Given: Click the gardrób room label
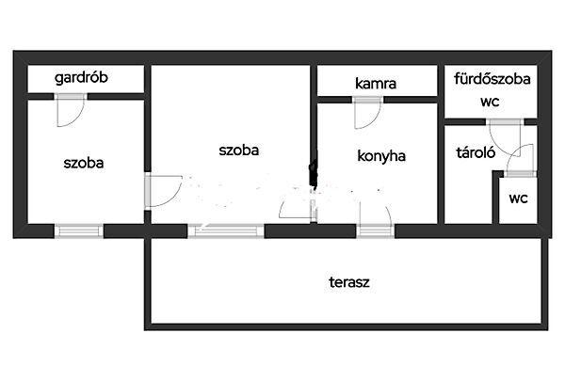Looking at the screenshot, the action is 81,78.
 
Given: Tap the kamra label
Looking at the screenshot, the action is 376,84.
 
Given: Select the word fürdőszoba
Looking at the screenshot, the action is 492,79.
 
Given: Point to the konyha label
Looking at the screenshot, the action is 381,156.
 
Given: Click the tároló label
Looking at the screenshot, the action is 476,152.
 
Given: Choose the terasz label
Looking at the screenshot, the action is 349,282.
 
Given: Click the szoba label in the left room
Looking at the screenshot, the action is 84,163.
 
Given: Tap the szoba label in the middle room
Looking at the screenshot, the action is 239,151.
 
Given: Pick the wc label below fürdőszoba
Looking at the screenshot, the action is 490,102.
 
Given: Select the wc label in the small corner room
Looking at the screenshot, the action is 519,198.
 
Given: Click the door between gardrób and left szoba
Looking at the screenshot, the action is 71,110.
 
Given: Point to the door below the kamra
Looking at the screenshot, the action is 368,112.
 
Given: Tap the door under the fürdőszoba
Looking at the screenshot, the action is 505,138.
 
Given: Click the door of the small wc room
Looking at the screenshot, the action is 520,161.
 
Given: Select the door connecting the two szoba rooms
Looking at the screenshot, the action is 163,191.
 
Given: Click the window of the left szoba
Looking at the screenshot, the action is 79,230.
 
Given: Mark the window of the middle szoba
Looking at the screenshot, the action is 226,230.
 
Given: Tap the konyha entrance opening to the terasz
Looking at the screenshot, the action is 376,230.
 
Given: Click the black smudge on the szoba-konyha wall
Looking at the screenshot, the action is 314,174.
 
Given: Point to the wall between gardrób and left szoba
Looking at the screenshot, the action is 87,97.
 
